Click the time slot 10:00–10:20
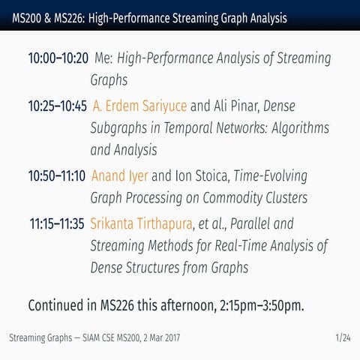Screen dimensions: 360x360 (x=58, y=58)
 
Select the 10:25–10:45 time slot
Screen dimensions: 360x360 (x=58, y=106)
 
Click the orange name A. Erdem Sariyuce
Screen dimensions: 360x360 (x=140, y=106)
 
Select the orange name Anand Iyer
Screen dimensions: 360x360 (x=119, y=176)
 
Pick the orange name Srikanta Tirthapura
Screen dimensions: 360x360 (x=141, y=223)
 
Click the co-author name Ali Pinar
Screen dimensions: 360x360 (x=236, y=106)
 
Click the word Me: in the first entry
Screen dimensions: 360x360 (x=104, y=58)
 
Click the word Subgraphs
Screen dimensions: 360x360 (x=118, y=128)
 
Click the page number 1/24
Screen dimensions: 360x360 (x=343, y=338)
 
